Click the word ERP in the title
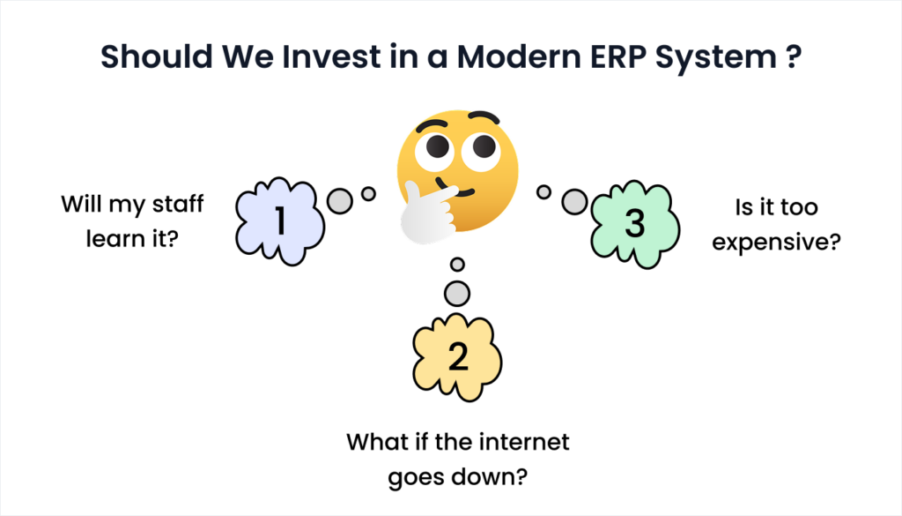click(x=618, y=56)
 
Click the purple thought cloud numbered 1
click(x=279, y=221)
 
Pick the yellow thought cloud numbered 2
click(x=457, y=357)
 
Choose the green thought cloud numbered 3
click(x=635, y=224)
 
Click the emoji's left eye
click(x=435, y=150)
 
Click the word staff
click(x=178, y=204)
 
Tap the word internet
click(x=524, y=442)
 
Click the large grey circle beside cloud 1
click(x=340, y=201)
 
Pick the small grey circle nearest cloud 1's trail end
click(x=368, y=193)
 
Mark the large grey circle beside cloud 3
click(x=574, y=202)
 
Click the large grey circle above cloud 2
click(x=457, y=294)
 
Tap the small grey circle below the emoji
click(x=457, y=265)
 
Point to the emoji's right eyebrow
click(x=484, y=116)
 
